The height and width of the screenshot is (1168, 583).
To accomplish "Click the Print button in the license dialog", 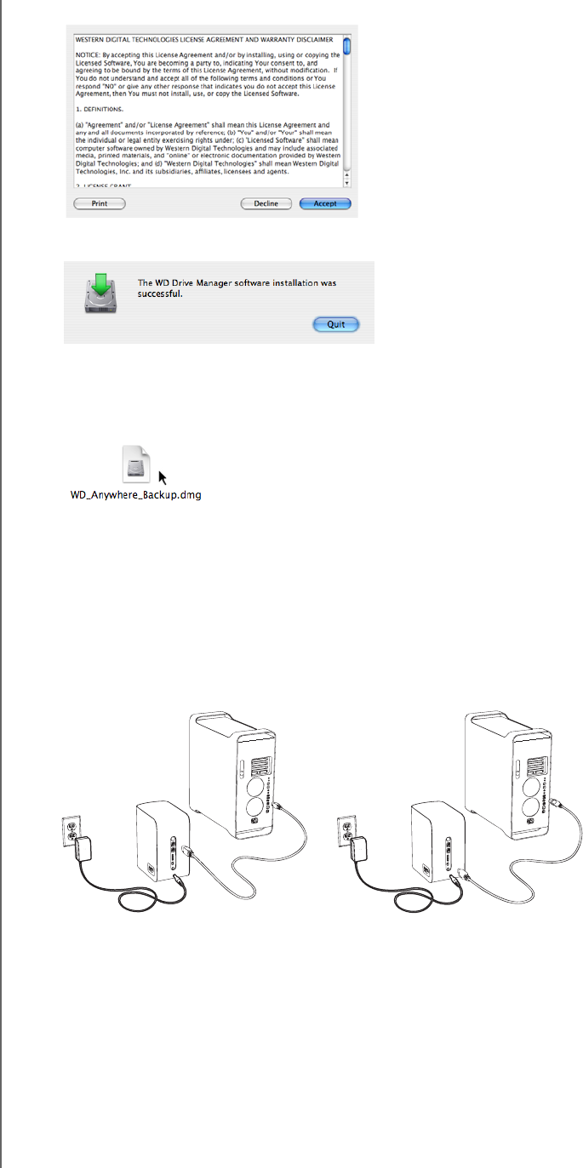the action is click(x=100, y=204).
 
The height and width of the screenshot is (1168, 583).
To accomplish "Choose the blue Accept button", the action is click(x=325, y=204).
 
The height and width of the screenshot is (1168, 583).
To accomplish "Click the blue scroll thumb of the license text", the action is click(x=347, y=46).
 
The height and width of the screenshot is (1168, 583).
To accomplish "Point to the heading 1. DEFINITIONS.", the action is click(x=100, y=110).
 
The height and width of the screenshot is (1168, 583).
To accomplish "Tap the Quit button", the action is click(x=336, y=324).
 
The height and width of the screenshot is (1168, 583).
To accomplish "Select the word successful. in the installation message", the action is click(x=161, y=294).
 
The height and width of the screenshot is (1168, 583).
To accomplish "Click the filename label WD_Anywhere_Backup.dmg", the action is click(x=135, y=494).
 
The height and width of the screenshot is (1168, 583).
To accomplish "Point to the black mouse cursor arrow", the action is click(x=163, y=478).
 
